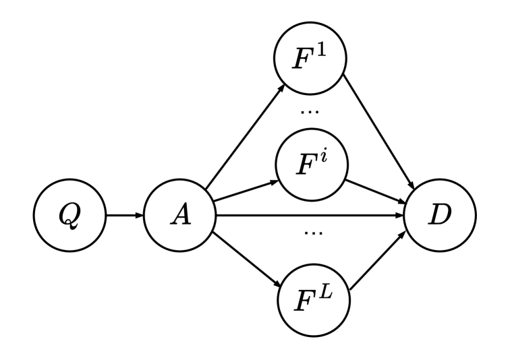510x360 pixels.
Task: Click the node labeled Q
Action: [69, 216]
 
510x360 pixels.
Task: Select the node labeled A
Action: [178, 216]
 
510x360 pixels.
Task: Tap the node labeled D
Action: [439, 216]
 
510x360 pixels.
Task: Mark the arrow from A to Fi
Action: [243, 193]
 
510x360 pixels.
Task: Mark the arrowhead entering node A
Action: [140, 216]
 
